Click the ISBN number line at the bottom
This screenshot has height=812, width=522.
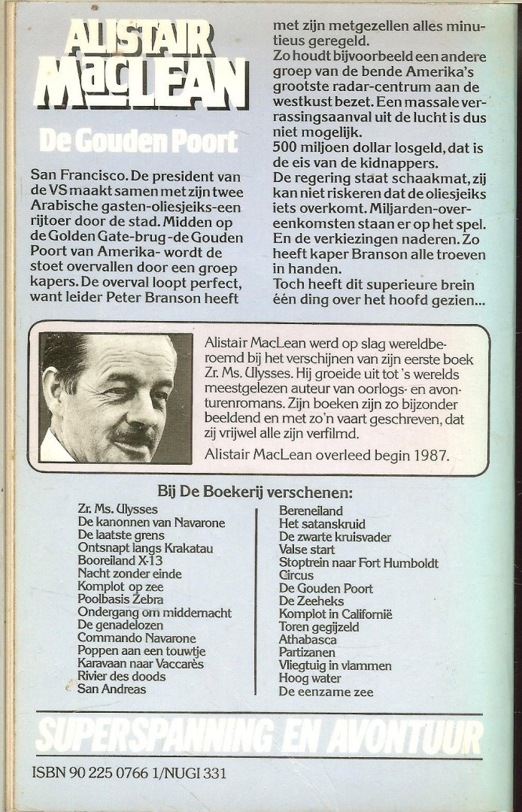click(x=129, y=772)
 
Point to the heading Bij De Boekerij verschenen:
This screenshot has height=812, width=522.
click(x=254, y=492)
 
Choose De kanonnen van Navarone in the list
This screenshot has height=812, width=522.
click(x=151, y=523)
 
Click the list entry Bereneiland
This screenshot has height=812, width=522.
click(x=311, y=511)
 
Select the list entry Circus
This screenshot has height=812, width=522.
click(x=296, y=575)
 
